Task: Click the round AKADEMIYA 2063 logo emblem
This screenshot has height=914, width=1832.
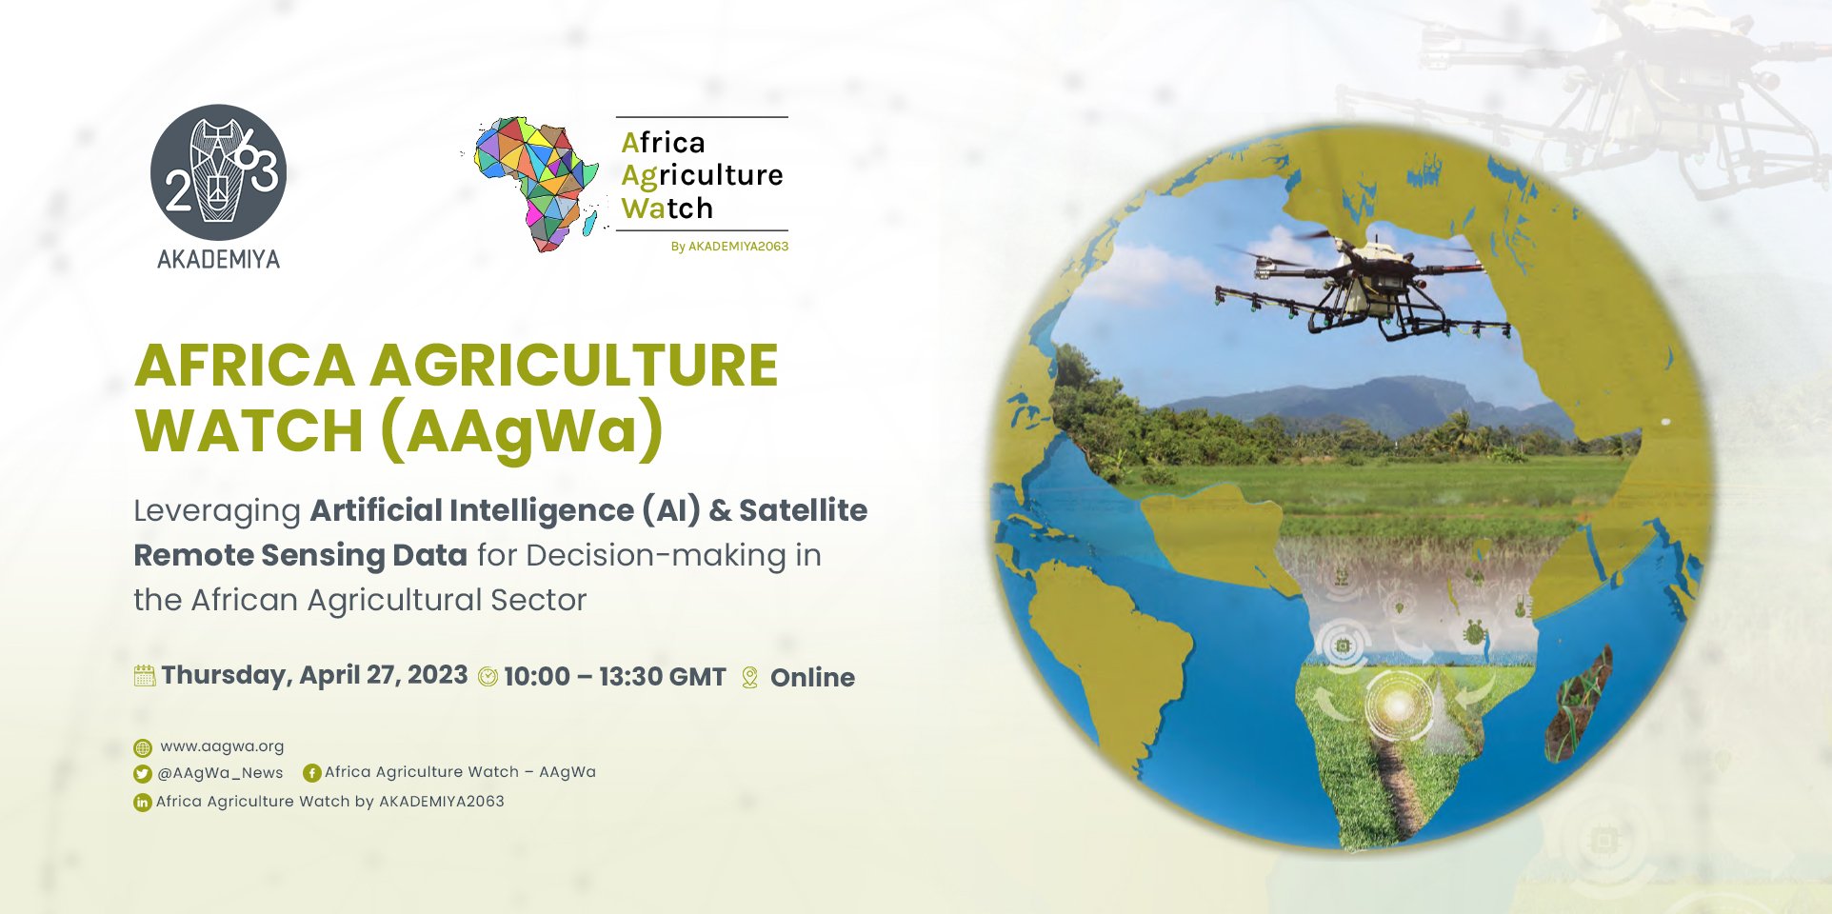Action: coord(218,171)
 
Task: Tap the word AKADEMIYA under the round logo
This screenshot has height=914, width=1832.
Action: coord(218,259)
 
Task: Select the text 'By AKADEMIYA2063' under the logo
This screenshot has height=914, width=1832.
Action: coord(729,247)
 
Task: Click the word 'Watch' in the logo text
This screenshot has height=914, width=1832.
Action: coord(667,208)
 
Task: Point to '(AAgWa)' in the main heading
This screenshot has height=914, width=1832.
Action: coord(522,430)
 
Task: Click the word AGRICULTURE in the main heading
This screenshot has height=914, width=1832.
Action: coord(574,366)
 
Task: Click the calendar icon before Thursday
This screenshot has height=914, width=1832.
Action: coord(145,676)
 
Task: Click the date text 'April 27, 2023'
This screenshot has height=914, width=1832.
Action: coord(384,675)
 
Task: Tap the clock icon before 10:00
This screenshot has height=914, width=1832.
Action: coord(488,677)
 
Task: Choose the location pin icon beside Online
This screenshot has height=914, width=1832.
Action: coord(750,677)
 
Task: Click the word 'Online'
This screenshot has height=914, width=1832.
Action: coord(812,678)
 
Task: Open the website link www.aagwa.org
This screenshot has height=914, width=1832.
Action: coord(222,746)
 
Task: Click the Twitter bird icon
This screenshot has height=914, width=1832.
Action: coord(143,774)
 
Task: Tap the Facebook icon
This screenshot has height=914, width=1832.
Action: coord(311,773)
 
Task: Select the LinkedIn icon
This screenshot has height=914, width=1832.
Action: coord(143,803)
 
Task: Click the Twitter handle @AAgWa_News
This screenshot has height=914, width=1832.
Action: coord(220,773)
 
